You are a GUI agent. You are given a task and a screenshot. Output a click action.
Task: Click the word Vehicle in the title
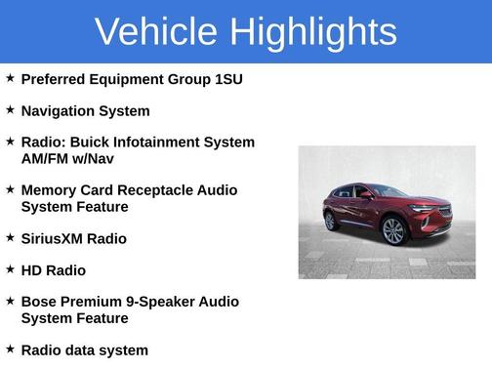[155, 31]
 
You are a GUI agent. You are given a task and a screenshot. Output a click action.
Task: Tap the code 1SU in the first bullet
[228, 79]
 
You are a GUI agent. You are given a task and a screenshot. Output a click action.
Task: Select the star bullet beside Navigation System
[10, 110]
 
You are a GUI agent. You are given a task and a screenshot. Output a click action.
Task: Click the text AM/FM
[48, 159]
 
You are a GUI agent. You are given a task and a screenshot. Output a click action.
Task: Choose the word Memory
[51, 190]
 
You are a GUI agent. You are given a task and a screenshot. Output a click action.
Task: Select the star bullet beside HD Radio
[10, 269]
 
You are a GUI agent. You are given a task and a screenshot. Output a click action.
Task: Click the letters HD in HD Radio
[31, 270]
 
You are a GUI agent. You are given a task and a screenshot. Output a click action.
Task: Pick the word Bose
[40, 302]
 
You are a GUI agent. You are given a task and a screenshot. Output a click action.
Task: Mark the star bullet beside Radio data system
[10, 348]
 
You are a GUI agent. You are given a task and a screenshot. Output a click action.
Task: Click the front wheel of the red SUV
[392, 231]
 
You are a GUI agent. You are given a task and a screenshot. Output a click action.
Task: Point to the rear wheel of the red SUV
[330, 221]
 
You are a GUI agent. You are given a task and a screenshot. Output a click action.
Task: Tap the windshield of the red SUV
[389, 191]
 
